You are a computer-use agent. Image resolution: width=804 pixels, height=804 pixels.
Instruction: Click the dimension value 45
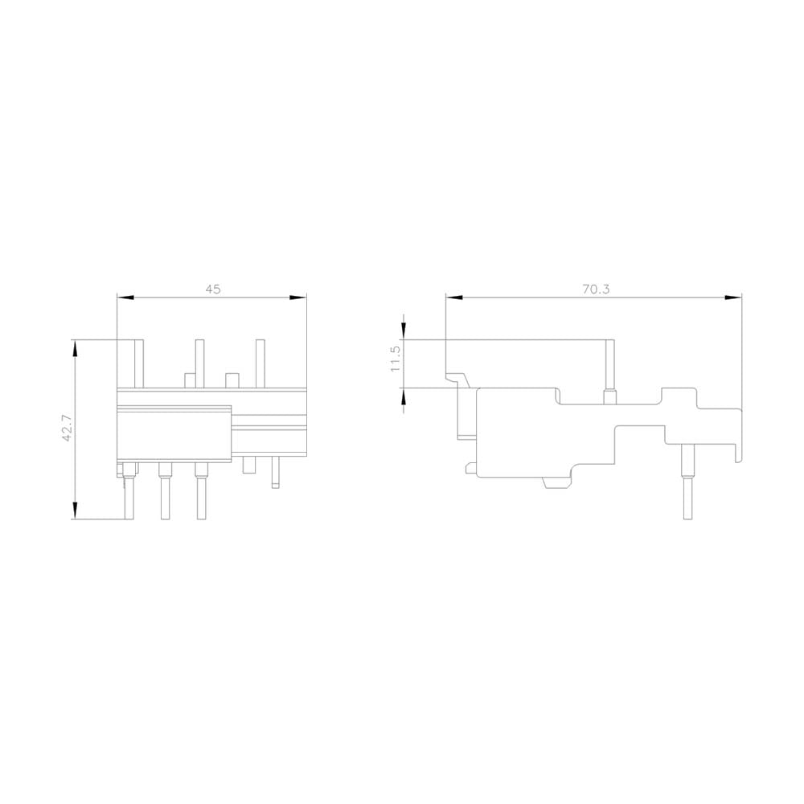(x=213, y=289)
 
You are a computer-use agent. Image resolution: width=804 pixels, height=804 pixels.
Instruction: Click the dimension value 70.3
(x=596, y=289)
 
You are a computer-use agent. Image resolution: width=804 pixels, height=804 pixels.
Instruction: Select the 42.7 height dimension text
(x=67, y=429)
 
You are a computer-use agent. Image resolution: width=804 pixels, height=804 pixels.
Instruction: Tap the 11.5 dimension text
(x=396, y=359)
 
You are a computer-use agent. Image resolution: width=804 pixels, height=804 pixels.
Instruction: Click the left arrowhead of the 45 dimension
(x=125, y=297)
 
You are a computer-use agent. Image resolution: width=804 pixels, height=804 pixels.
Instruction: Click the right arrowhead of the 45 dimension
(x=298, y=297)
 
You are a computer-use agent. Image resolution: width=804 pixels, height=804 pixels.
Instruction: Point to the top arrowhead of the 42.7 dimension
(x=76, y=348)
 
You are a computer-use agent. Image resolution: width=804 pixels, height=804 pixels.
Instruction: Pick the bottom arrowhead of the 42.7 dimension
(x=76, y=511)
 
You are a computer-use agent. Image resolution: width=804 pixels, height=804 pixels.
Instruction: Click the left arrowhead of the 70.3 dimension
(x=454, y=297)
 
